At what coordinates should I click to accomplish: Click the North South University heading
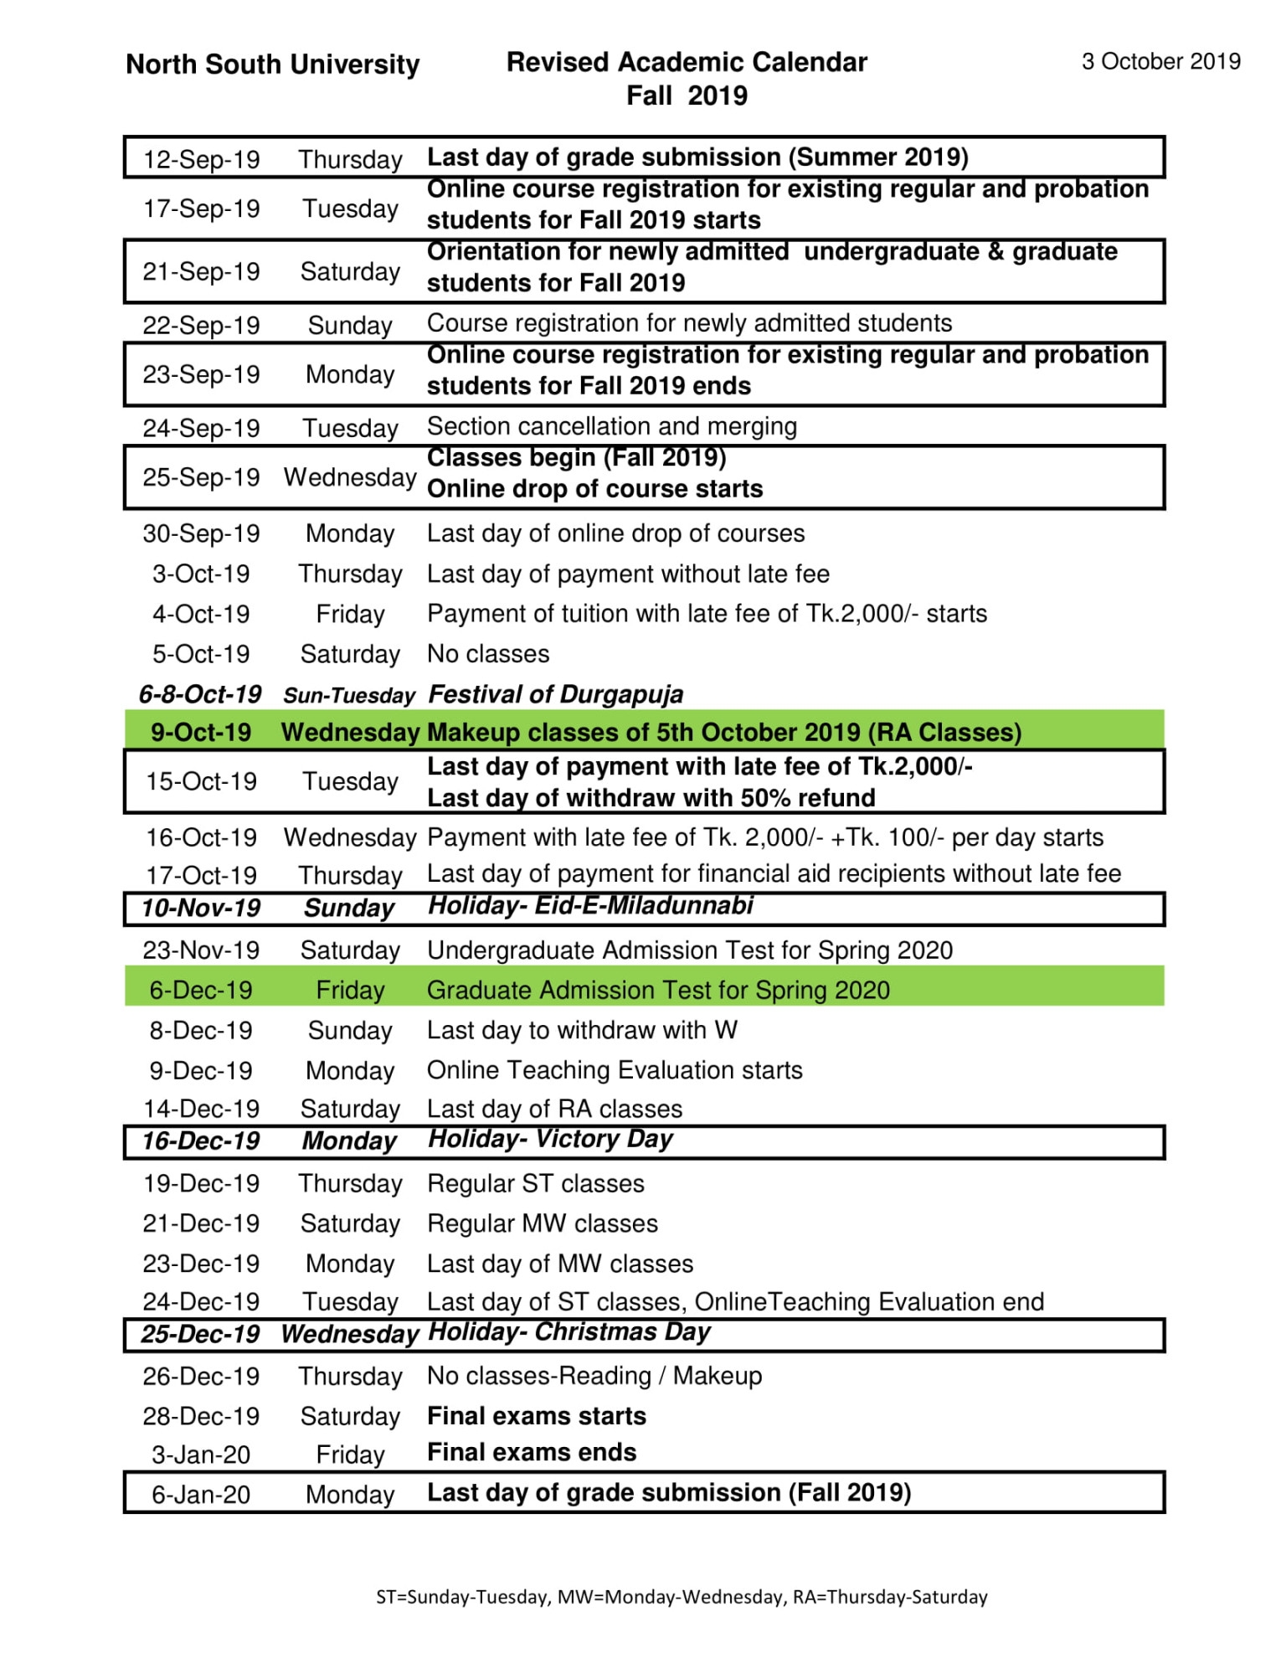(272, 64)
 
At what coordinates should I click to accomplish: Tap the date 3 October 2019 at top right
(1160, 61)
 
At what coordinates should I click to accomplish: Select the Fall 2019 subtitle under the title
(687, 95)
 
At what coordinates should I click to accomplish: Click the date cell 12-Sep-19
(201, 159)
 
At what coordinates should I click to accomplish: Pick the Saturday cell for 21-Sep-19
(350, 271)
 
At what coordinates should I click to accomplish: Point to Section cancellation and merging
(611, 426)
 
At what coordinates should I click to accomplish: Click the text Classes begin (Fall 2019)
(576, 458)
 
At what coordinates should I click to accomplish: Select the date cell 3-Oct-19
(201, 574)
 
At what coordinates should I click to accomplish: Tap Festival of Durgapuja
(555, 694)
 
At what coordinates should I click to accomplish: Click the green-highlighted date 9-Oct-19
(201, 732)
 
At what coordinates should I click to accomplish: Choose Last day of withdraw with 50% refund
(651, 798)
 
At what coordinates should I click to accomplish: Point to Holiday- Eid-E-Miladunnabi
(590, 905)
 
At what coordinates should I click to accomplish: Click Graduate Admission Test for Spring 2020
(658, 990)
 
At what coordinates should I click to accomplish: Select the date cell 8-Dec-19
(201, 1030)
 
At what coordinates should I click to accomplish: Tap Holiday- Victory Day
(550, 1139)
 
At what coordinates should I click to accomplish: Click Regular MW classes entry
(543, 1223)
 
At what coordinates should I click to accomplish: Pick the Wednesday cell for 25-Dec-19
(350, 1334)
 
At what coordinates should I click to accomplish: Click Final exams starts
(536, 1416)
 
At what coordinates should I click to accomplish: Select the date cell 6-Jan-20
(201, 1495)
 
